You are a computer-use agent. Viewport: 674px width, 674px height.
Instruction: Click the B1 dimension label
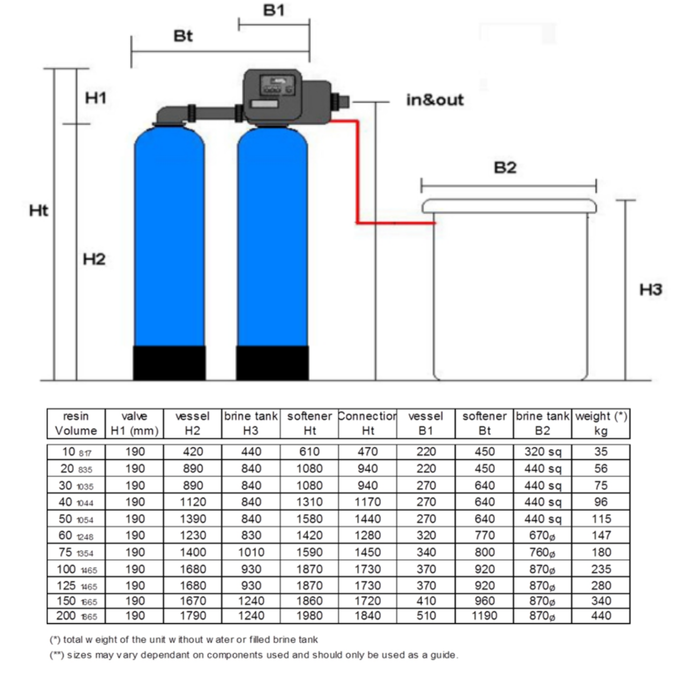273,10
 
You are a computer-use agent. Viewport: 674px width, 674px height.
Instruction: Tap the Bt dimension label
183,36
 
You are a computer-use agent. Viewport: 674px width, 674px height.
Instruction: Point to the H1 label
95,98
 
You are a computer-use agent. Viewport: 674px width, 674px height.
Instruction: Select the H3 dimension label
650,289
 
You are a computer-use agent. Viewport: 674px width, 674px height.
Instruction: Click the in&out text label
434,100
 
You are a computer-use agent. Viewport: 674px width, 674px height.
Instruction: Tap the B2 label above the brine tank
505,168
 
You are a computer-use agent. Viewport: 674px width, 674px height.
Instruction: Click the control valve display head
273,90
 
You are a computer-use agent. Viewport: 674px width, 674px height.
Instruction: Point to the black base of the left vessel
169,362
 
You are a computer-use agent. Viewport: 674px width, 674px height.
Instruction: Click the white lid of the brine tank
508,206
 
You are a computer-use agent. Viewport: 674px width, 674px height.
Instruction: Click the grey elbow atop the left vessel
170,115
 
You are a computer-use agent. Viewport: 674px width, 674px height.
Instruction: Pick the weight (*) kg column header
601,423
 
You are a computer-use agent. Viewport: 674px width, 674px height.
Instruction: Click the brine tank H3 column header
251,423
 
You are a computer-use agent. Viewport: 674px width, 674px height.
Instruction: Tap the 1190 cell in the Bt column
484,616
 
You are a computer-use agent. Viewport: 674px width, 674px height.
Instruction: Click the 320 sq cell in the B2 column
542,452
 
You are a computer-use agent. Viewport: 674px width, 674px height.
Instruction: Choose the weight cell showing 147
601,535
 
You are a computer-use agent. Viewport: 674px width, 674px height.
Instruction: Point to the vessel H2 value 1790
192,616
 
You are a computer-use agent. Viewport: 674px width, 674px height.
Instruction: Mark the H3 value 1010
251,552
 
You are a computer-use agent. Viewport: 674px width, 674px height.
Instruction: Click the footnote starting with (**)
253,655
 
